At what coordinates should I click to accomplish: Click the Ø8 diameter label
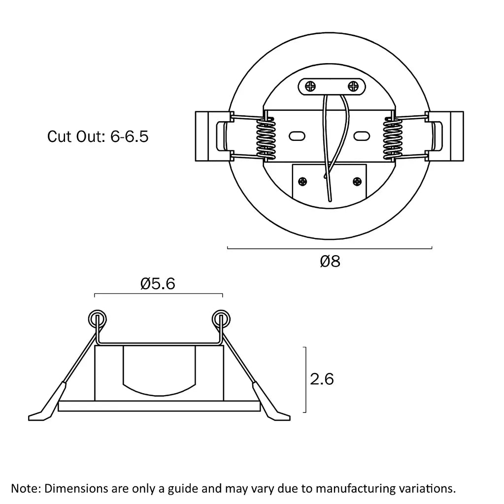tap(330, 261)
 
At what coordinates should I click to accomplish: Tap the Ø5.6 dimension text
tap(158, 283)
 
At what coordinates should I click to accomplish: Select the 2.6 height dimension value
tap(322, 379)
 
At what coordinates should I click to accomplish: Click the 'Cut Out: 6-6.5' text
tap(98, 136)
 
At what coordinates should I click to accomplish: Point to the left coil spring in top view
tap(266, 138)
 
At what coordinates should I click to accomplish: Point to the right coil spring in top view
tap(393, 138)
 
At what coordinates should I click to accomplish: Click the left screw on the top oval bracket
tap(310, 86)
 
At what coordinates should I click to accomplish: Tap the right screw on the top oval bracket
tap(353, 86)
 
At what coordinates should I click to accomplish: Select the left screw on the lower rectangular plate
tap(302, 182)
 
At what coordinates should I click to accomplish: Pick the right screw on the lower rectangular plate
tap(357, 182)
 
